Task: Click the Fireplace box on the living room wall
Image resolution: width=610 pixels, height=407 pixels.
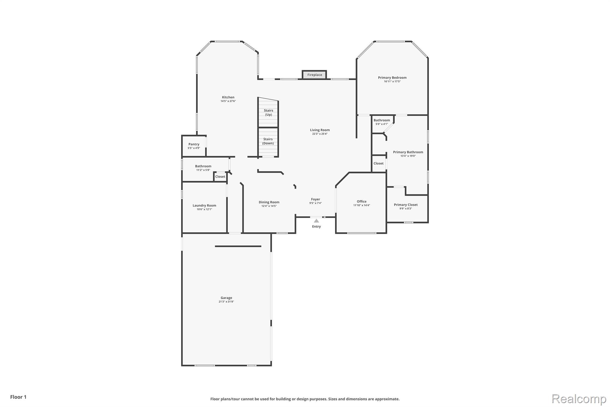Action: (315, 75)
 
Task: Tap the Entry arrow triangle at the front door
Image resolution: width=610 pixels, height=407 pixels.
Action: (316, 221)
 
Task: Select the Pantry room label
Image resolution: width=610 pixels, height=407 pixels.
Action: (194, 144)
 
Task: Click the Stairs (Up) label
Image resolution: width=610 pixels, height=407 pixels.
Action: (268, 112)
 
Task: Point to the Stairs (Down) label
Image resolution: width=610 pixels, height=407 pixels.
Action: (268, 141)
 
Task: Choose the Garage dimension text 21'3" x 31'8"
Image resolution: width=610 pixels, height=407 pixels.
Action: (226, 302)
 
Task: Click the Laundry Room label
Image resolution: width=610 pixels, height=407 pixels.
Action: (204, 205)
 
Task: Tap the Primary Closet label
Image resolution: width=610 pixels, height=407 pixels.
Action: (406, 205)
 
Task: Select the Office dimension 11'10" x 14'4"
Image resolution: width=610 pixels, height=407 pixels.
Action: (362, 205)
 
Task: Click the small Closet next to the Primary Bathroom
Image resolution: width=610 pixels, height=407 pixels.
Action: (379, 163)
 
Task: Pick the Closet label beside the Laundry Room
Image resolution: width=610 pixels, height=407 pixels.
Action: (220, 177)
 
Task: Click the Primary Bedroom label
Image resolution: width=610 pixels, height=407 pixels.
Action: (392, 78)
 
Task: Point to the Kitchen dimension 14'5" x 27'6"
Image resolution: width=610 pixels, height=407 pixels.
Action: (228, 101)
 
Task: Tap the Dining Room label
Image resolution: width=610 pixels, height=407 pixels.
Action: (269, 202)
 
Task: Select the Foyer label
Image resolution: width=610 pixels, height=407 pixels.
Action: (315, 199)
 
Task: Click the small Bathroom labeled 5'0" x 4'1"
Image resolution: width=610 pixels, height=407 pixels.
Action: (382, 122)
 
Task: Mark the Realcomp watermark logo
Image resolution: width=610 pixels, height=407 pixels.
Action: (579, 399)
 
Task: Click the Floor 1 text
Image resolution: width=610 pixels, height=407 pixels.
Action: (18, 397)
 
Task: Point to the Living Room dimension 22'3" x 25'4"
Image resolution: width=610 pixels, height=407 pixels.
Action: (320, 134)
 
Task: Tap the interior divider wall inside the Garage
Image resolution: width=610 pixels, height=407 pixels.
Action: (238, 246)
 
